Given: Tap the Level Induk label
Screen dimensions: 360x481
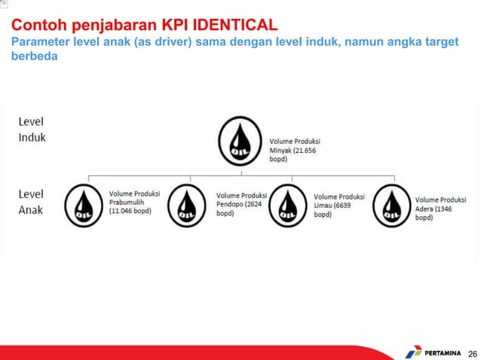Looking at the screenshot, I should point(32,129).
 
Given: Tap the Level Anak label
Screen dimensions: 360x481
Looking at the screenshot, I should point(32,201).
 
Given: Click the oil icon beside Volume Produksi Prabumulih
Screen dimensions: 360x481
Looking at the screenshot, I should point(85,205).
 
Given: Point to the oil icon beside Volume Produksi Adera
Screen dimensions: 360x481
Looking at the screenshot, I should point(391,205).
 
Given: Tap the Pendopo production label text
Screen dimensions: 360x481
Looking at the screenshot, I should point(240,204).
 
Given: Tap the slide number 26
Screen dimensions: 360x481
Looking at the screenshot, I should point(473,352).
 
